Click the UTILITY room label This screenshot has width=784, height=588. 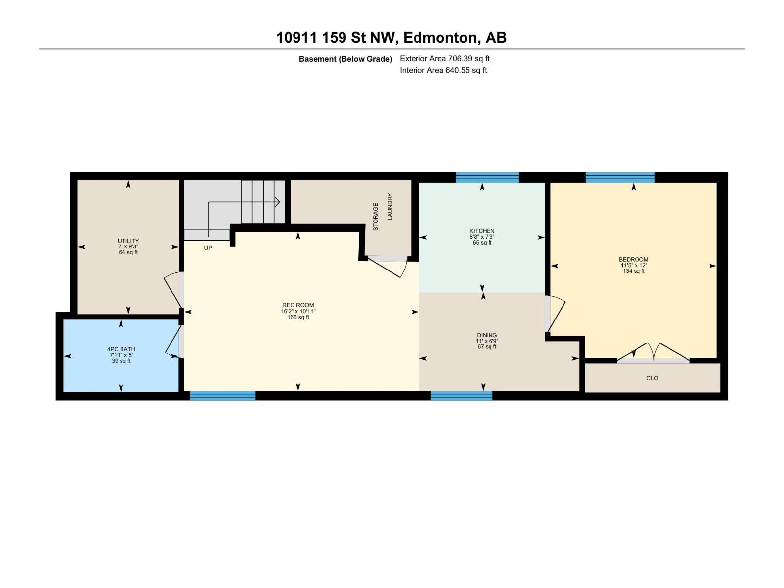click(x=128, y=241)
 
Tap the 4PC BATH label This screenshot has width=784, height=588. click(x=121, y=349)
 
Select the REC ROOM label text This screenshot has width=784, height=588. click(x=298, y=305)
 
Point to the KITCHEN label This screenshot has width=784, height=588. click(x=482, y=231)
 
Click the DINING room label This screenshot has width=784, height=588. click(x=487, y=335)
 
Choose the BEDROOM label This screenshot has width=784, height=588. click(x=633, y=260)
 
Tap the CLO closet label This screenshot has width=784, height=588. click(x=652, y=378)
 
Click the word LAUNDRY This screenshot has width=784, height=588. click(x=390, y=206)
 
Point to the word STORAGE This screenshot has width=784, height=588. click(x=376, y=217)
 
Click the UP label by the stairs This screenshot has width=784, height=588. click(x=208, y=248)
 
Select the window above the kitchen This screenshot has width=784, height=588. click(x=487, y=177)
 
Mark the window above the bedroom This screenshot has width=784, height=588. click(x=620, y=177)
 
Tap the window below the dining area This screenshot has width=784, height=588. click(x=462, y=395)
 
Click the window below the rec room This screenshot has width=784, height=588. click(x=222, y=395)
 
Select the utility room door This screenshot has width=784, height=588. click(x=173, y=292)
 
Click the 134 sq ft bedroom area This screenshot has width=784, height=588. click(x=633, y=271)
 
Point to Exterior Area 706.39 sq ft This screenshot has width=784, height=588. click(x=444, y=59)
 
